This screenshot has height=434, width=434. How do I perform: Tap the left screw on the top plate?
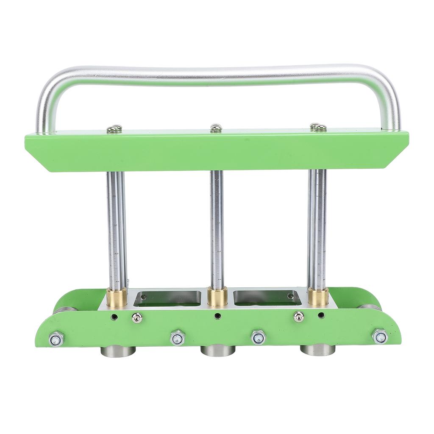tap(114, 129)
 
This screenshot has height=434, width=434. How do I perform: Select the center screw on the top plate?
tap(216, 128)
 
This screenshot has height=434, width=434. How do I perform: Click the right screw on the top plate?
tap(318, 127)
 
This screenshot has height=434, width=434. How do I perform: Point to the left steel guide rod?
tap(116, 229)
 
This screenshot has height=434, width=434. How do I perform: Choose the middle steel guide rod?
tap(217, 229)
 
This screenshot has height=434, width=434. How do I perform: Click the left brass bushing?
tap(117, 297)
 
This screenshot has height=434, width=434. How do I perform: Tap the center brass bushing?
tap(217, 297)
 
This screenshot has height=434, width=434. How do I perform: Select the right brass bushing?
tap(318, 296)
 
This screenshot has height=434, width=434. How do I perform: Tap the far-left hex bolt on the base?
tap(56, 339)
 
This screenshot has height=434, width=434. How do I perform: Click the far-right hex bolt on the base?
tap(380, 337)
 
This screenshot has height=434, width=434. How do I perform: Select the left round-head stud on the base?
tap(136, 317)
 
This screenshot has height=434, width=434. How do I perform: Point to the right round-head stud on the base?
tap(299, 317)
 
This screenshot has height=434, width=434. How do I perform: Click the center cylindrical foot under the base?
tap(218, 351)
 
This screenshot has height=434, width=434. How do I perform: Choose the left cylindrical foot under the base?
tap(118, 351)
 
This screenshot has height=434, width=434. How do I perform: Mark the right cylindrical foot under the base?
tap(317, 350)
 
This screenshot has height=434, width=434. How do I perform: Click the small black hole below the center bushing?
tap(217, 316)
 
